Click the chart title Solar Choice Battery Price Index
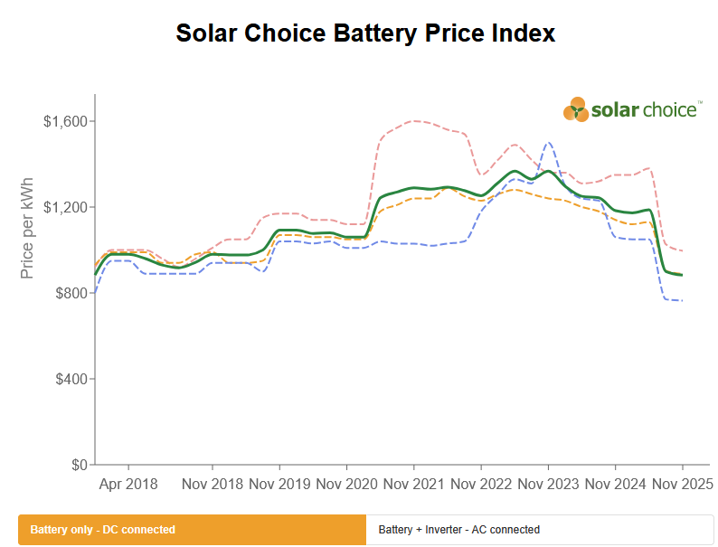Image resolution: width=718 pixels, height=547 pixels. point(364,34)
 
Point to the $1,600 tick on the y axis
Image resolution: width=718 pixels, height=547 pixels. point(64,121)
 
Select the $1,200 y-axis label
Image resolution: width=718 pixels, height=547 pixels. point(64,207)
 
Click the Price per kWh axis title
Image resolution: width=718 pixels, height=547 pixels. point(27,226)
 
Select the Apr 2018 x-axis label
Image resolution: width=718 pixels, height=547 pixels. point(128,484)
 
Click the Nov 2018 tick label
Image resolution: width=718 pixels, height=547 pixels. point(212,484)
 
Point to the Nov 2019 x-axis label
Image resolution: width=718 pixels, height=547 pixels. point(279,484)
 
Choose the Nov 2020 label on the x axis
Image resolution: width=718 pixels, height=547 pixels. point(346,484)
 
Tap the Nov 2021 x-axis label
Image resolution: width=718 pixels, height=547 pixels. point(413,484)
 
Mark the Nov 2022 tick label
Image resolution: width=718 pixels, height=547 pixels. point(480,484)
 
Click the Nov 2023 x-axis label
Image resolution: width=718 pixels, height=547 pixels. point(548,484)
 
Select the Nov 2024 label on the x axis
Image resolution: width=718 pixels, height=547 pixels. point(615,484)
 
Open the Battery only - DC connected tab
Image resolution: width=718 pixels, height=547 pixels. point(192,530)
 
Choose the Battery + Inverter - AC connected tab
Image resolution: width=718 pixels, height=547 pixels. point(540,530)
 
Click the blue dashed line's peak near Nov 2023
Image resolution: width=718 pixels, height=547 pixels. point(548,142)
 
